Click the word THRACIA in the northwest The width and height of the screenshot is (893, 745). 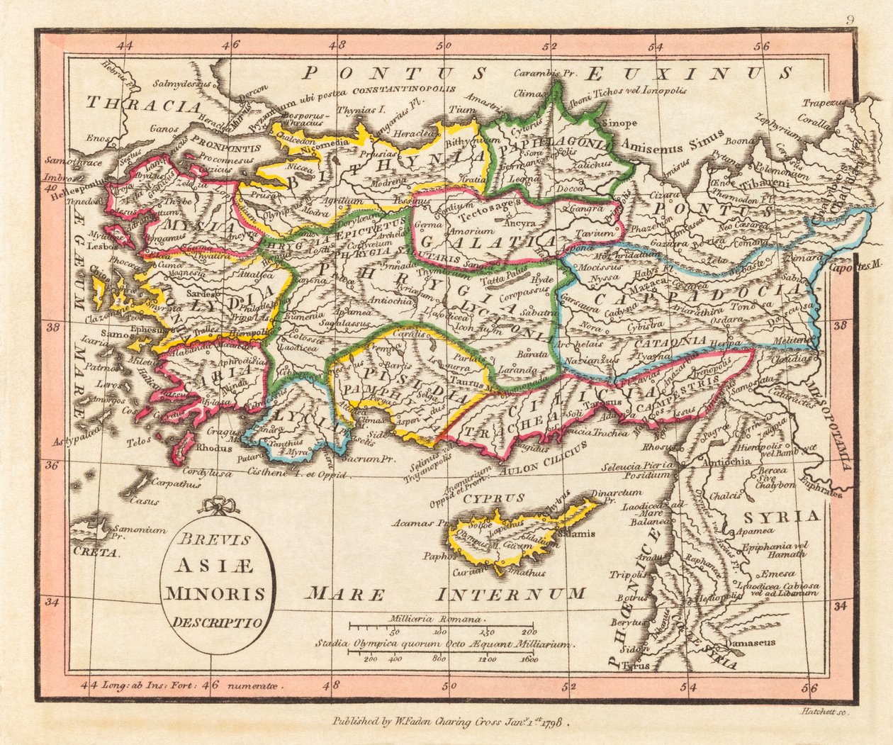coord(144,106)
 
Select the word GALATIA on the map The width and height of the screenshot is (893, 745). coord(480,240)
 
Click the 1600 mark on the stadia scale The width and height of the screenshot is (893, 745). coord(528,659)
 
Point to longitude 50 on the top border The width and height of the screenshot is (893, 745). coord(444,46)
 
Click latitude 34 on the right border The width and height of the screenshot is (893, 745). coord(841,606)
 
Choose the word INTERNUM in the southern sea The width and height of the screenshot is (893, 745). coord(511,593)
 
